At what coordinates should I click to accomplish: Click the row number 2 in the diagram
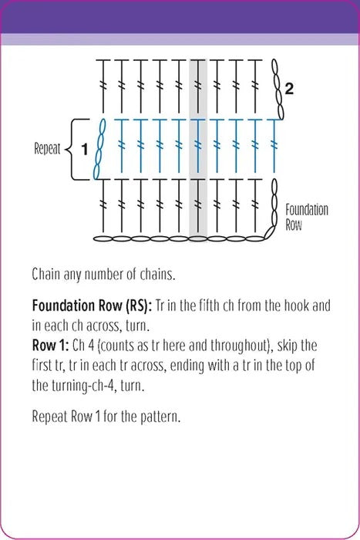[289, 89]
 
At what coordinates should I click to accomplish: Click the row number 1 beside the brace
[84, 149]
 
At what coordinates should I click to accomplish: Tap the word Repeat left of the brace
[47, 149]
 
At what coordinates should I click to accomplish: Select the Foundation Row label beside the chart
[307, 217]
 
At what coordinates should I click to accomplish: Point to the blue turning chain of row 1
[99, 149]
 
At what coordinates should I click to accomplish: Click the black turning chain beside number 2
[278, 89]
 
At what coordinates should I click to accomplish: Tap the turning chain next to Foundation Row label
[274, 208]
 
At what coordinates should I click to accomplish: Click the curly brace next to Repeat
[76, 149]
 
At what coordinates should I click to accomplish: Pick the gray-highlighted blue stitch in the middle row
[198, 145]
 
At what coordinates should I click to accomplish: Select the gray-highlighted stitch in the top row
[198, 86]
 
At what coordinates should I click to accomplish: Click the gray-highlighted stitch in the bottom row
[198, 206]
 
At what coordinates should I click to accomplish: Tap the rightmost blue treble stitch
[274, 145]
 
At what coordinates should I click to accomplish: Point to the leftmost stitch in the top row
[103, 86]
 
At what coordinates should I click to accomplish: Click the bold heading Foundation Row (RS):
[92, 305]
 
